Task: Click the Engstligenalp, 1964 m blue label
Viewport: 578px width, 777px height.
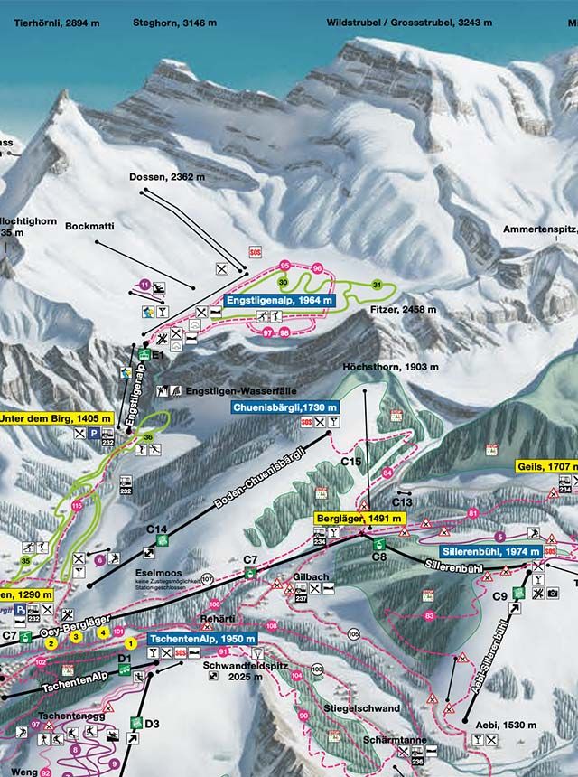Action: tap(279, 300)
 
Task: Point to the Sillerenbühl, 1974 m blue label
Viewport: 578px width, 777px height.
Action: tap(491, 551)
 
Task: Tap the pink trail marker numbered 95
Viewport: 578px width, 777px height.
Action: tap(284, 265)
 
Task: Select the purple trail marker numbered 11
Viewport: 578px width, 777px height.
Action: tap(144, 285)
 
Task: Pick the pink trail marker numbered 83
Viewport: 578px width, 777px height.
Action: tap(429, 615)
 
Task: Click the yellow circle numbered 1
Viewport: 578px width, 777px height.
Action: tap(132, 643)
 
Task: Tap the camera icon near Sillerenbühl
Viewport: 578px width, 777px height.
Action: tap(552, 593)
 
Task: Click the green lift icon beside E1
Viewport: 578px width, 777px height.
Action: tap(144, 356)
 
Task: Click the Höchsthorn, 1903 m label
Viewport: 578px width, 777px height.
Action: tap(390, 367)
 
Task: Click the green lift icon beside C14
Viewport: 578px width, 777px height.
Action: tap(162, 540)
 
